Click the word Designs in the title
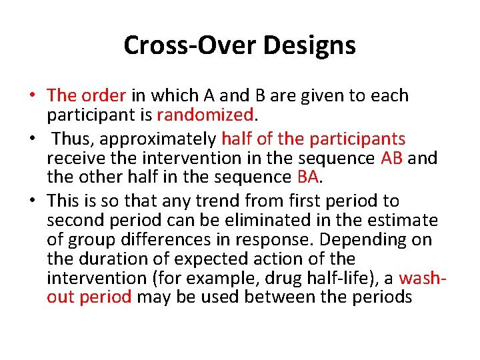310,45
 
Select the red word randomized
205,115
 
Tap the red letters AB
392,158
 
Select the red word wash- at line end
422,277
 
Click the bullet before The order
32,96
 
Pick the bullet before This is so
32,201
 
